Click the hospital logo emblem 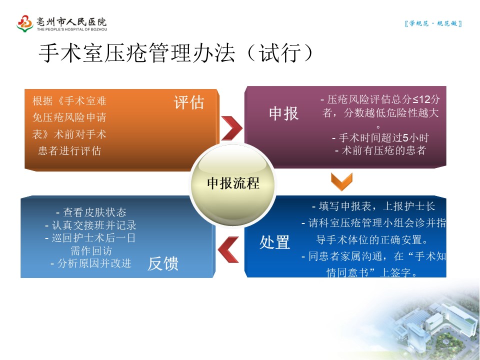25,23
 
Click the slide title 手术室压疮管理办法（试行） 176,53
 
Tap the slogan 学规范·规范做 433,23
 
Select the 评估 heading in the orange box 189,102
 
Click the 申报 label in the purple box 284,113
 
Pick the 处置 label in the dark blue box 274,242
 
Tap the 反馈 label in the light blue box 163,263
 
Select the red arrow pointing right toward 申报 231,128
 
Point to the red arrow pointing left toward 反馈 228,249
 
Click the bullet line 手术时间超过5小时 380,138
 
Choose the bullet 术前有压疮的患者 380,150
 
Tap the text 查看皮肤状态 91,212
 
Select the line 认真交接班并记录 90,225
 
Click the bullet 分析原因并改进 91,263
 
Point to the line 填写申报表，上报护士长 373,206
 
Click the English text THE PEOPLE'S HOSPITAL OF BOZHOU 72,29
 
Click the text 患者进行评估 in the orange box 69,150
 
